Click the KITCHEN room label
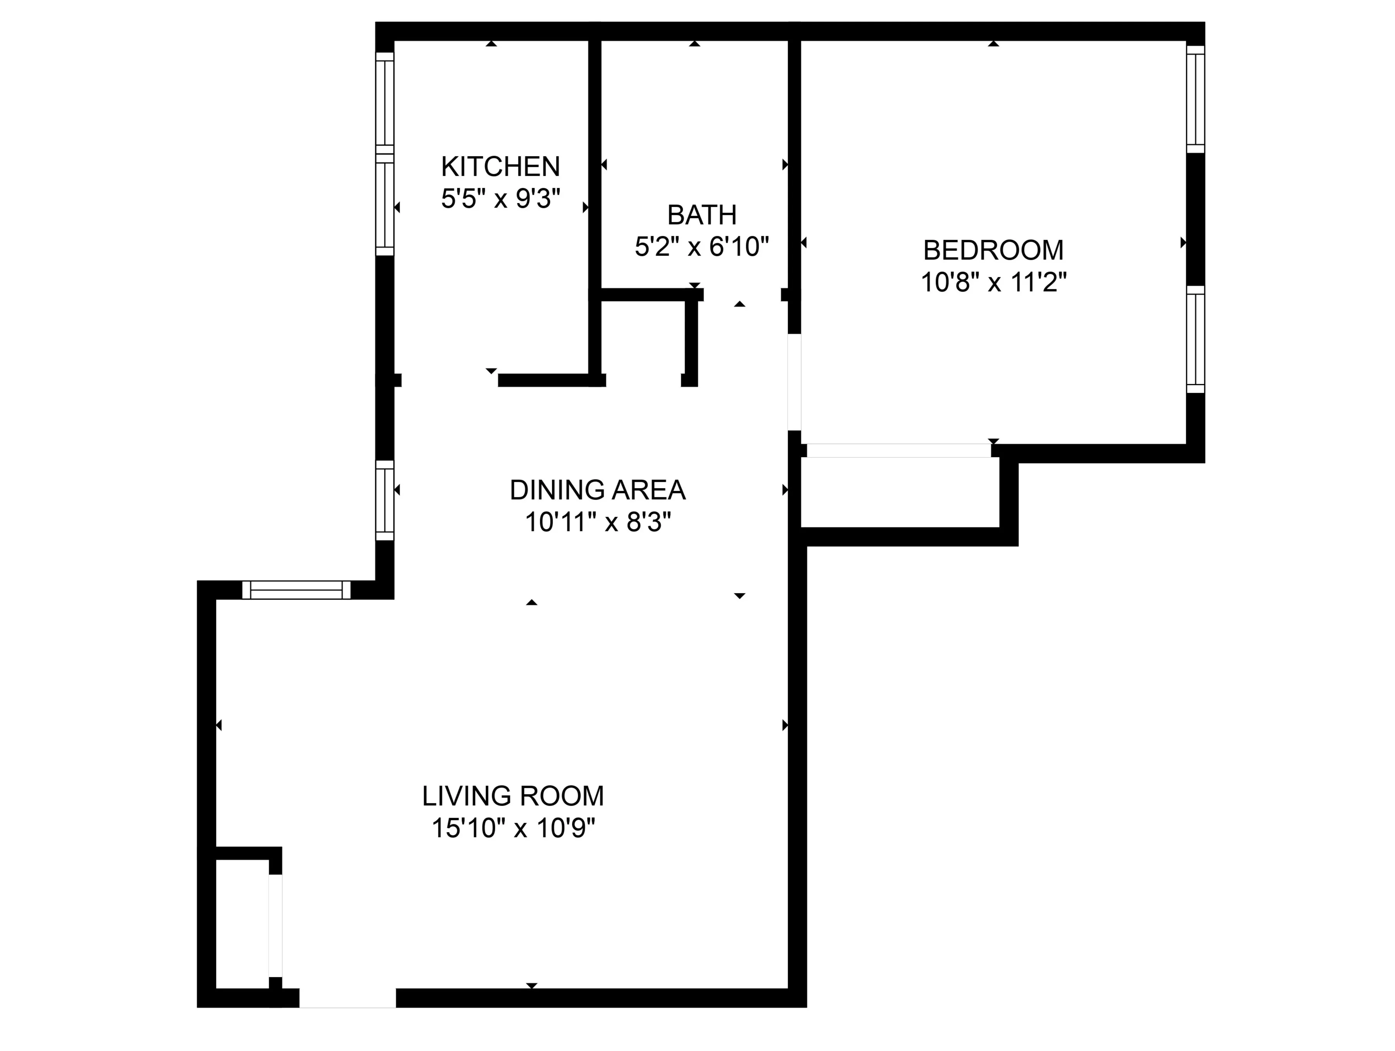[500, 167]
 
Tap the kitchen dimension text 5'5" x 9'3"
[500, 199]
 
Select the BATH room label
[701, 215]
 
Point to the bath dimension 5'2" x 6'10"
[701, 247]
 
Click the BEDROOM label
[993, 250]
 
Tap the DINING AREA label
[597, 490]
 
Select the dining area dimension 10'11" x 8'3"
[597, 522]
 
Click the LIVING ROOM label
[513, 796]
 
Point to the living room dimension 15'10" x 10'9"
[513, 828]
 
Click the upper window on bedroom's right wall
[1195, 99]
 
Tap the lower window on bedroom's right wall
[1195, 339]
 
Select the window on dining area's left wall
[385, 500]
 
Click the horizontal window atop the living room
[296, 590]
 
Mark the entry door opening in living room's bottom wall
[347, 998]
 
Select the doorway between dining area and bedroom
[795, 382]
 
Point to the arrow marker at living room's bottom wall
[532, 986]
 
